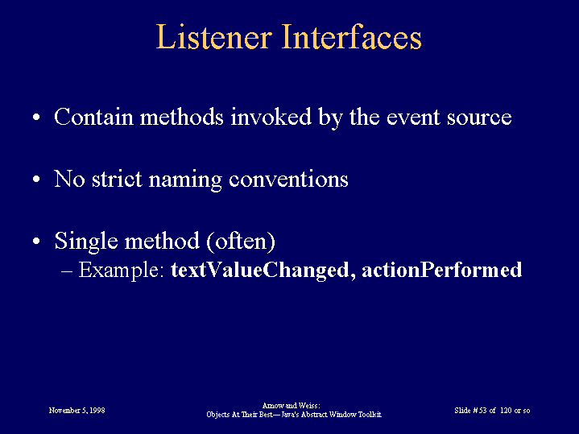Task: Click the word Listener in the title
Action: [214, 36]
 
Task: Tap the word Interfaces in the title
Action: [352, 36]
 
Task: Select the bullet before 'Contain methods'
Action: [36, 118]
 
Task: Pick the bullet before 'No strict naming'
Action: [36, 180]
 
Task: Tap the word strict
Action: [117, 179]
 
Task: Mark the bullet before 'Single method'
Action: [36, 242]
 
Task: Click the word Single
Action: [86, 242]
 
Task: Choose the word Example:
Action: [121, 271]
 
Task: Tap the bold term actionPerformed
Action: [441, 270]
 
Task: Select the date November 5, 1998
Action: [77, 411]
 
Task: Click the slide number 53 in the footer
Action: [482, 411]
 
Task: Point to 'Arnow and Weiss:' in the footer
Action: [291, 406]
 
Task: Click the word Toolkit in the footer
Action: [370, 415]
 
